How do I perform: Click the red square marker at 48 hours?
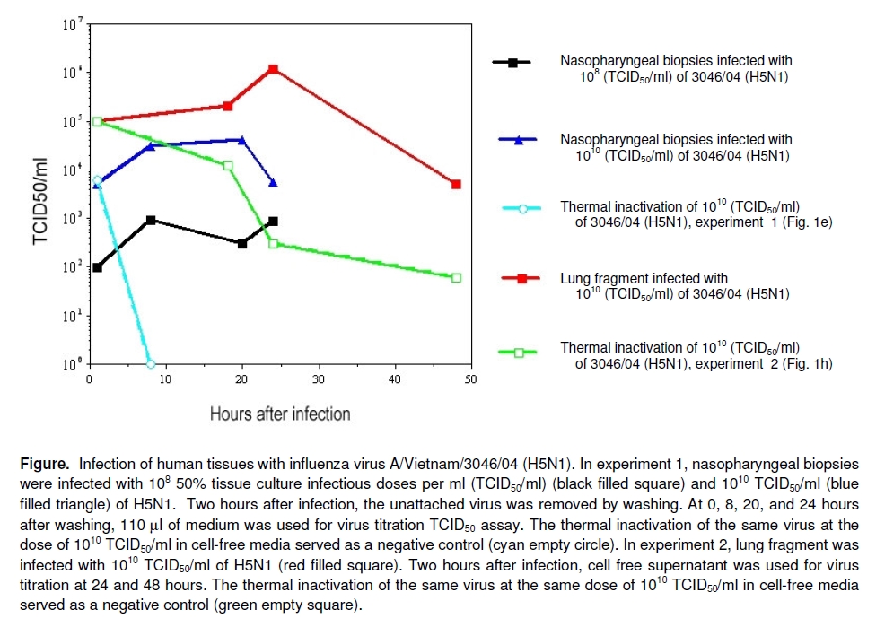(x=456, y=184)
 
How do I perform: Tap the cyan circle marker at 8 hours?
(x=151, y=364)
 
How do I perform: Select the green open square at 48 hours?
(x=456, y=278)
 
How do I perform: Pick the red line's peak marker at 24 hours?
(x=273, y=69)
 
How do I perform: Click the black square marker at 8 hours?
(x=151, y=220)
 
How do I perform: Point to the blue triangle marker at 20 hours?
(x=242, y=139)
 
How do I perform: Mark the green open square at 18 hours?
(x=228, y=166)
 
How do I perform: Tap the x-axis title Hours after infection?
(x=280, y=414)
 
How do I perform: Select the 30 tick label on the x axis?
(x=319, y=379)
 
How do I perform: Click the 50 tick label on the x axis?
(x=470, y=379)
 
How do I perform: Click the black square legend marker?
(x=512, y=63)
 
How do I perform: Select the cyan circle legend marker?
(x=518, y=207)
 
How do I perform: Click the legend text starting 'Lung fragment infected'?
(x=644, y=279)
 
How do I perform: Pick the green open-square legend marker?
(x=518, y=353)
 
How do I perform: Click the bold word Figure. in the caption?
(x=44, y=465)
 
